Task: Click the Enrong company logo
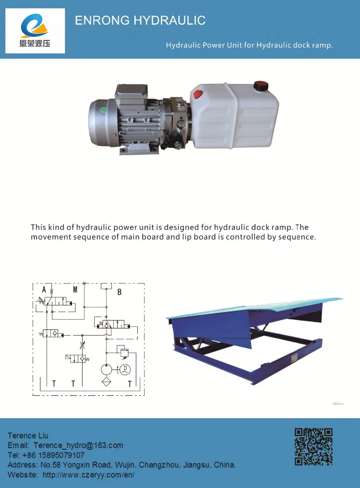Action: click(35, 31)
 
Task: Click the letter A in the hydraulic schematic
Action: click(44, 290)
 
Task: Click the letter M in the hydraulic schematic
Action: click(75, 290)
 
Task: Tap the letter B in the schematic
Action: click(119, 292)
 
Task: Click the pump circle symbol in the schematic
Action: click(106, 368)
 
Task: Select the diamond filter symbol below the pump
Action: click(106, 382)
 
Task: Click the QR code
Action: click(314, 446)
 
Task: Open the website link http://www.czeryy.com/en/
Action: click(88, 474)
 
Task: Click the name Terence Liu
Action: click(28, 435)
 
